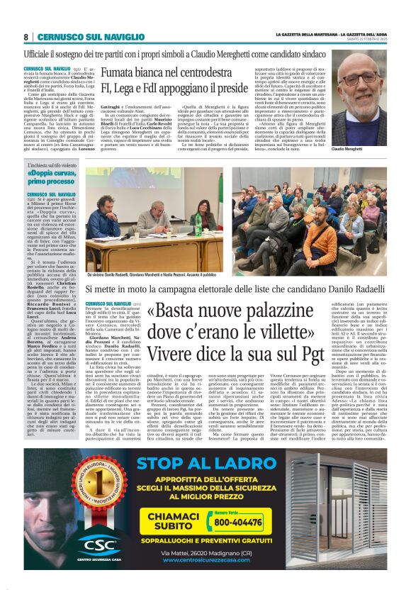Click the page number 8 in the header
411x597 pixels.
coord(26,37)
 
